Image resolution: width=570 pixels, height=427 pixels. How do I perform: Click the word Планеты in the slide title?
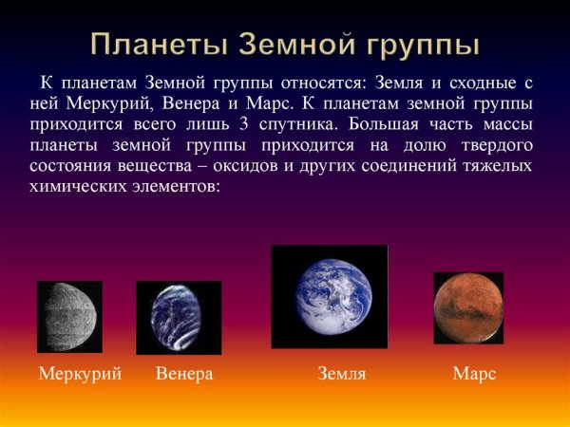tap(158, 45)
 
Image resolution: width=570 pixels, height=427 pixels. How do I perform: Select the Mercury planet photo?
tap(69, 316)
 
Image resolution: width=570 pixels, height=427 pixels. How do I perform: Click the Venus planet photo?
tap(179, 318)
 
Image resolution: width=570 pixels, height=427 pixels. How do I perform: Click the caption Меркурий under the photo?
tap(80, 374)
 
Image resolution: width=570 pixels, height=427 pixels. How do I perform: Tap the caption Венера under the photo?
tap(184, 374)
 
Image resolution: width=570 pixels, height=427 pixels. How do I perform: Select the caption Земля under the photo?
tap(342, 374)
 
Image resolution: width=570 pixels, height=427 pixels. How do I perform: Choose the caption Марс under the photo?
tap(475, 374)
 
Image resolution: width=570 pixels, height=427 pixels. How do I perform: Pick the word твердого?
tap(495, 144)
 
